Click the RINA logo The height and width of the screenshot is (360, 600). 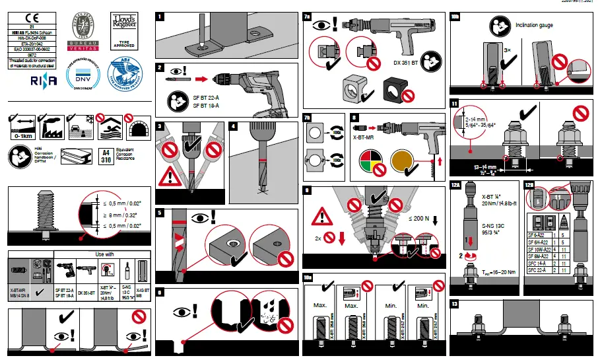(x=43, y=80)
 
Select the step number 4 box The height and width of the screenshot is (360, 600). (x=234, y=126)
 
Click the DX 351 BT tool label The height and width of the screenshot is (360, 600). (x=407, y=63)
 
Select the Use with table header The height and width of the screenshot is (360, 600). (x=105, y=254)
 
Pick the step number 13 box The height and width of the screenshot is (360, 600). (x=455, y=304)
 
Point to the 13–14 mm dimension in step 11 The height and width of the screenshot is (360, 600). (x=485, y=168)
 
